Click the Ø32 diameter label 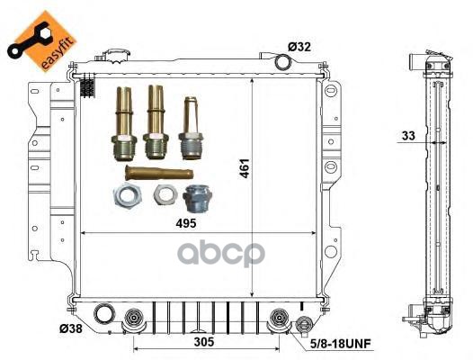point(299,47)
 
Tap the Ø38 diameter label point(70,328)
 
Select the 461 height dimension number point(245,168)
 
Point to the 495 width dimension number point(186,223)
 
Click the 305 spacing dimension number point(204,342)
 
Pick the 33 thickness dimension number point(408,136)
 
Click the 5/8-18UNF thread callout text point(341,344)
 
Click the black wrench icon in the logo point(28,40)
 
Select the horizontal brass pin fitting point(159,173)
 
